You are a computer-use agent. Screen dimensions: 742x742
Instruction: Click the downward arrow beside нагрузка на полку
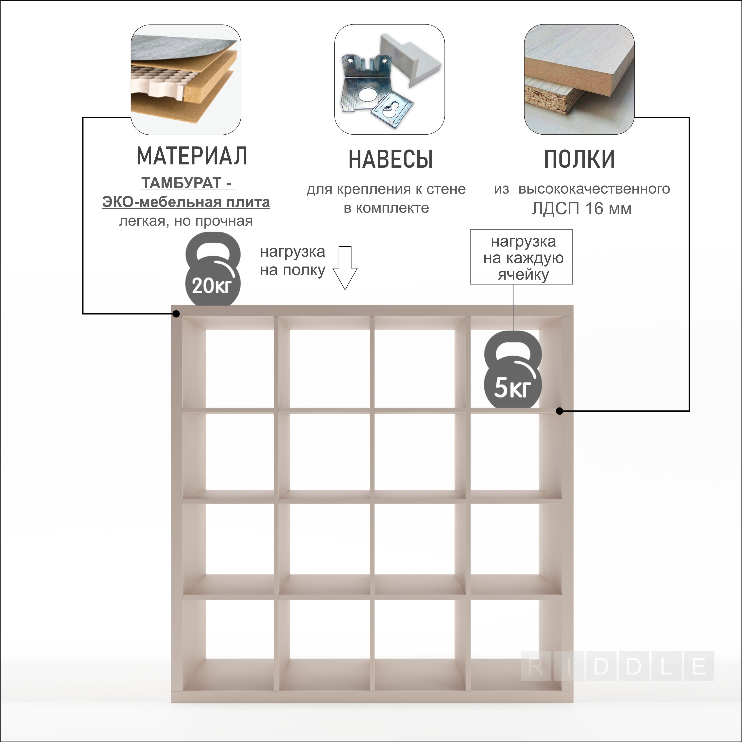[x=345, y=268]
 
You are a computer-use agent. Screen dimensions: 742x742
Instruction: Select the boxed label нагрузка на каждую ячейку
[x=522, y=257]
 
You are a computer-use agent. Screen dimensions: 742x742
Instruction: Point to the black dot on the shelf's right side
[x=560, y=411]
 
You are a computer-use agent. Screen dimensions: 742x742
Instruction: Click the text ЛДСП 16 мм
[x=581, y=209]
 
